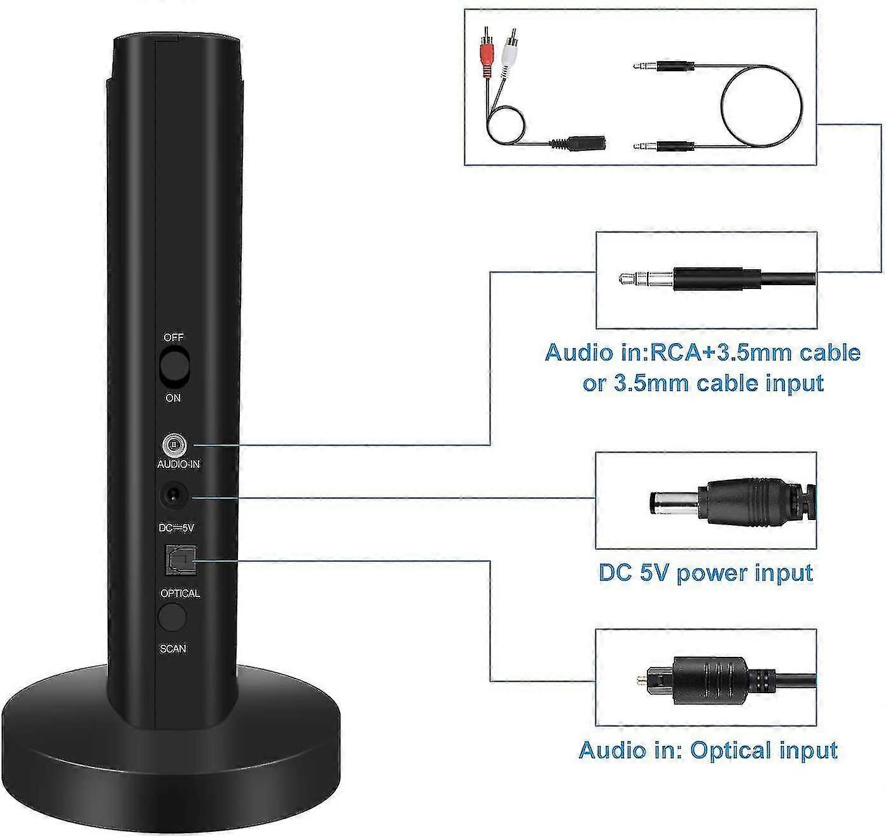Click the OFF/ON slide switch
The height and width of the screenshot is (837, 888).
[x=174, y=367]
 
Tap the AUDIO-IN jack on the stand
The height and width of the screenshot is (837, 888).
[x=173, y=444]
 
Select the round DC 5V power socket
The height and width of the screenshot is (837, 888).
[x=172, y=495]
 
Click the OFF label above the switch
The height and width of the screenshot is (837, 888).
[x=174, y=337]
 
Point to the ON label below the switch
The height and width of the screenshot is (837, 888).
[x=173, y=398]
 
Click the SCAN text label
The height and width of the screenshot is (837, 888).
[x=173, y=649]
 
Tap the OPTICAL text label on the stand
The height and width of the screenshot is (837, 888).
[x=180, y=593]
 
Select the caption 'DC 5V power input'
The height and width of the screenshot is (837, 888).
[x=705, y=572]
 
